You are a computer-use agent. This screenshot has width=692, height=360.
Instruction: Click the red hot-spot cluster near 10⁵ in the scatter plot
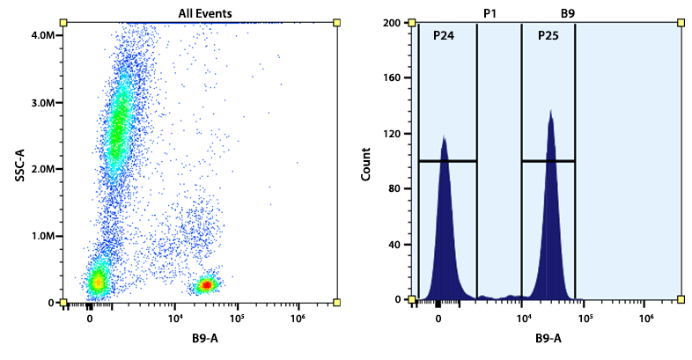tap(206, 284)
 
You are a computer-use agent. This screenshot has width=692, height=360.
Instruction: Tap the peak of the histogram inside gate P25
tap(551, 112)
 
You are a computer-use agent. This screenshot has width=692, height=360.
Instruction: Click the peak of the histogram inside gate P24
tap(445, 137)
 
